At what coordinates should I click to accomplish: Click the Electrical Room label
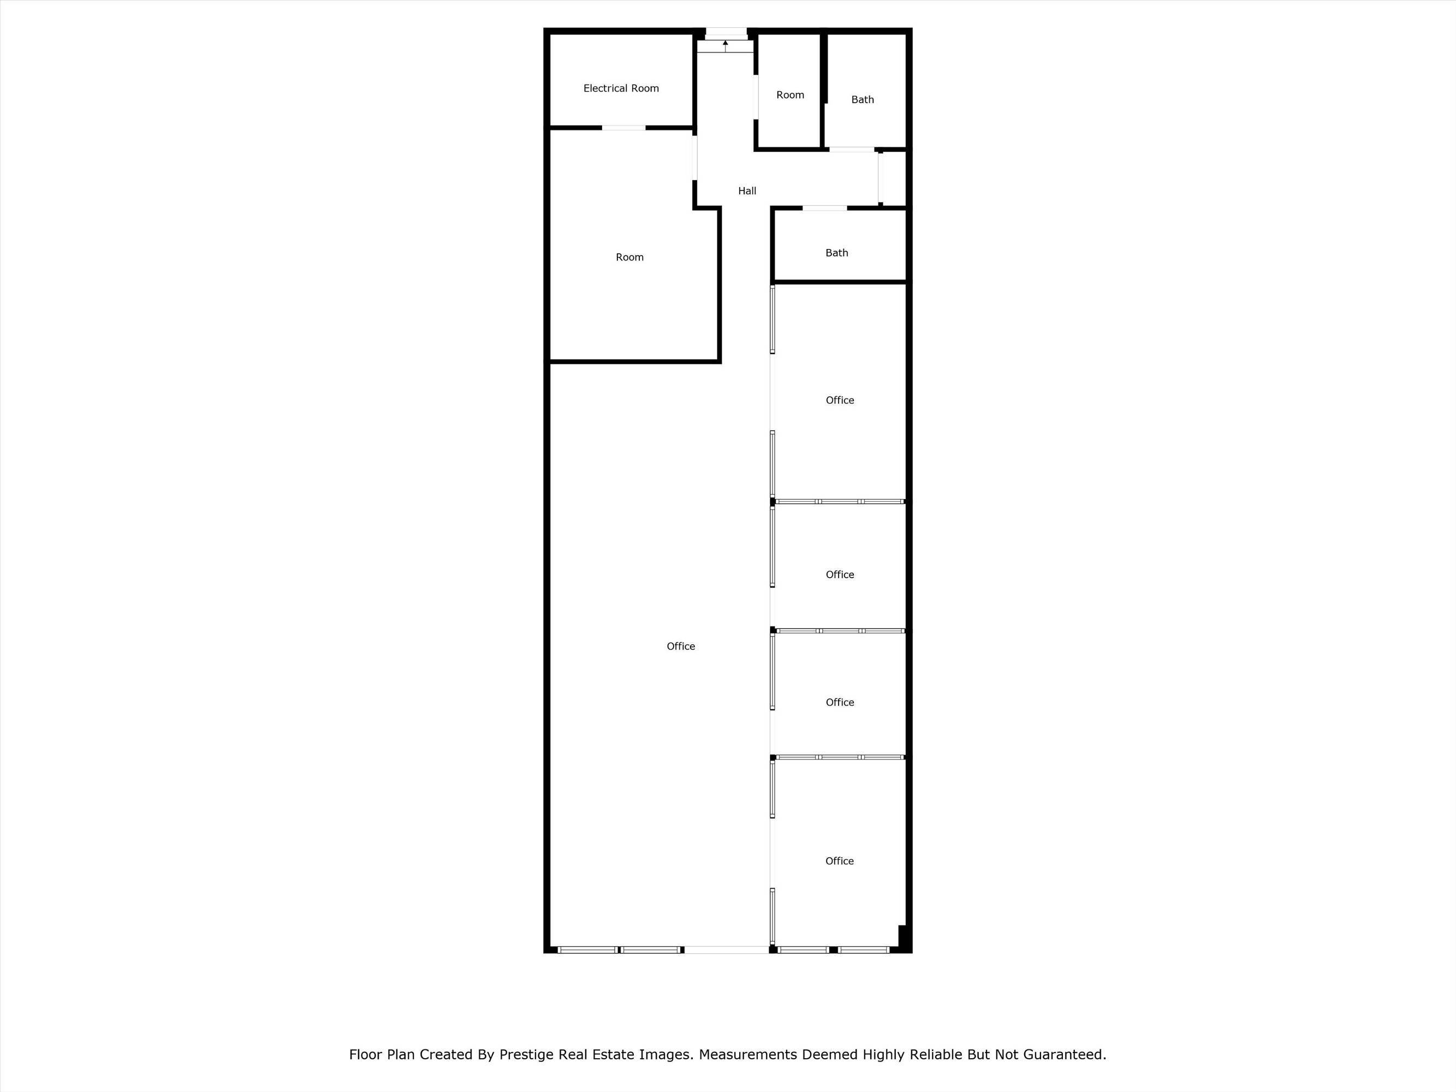[x=621, y=88]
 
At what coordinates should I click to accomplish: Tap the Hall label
[x=747, y=191]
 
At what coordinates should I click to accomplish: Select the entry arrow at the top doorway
[x=726, y=45]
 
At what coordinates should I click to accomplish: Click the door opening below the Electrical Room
[x=623, y=128]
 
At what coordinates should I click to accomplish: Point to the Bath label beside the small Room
[x=862, y=99]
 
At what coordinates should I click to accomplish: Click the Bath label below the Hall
[x=836, y=253]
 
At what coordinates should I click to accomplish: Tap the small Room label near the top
[x=790, y=95]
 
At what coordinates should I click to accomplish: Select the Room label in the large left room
[x=629, y=257]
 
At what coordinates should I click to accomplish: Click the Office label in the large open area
[x=681, y=646]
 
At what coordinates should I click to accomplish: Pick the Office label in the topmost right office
[x=840, y=400]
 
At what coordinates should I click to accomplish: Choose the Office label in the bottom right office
[x=839, y=861]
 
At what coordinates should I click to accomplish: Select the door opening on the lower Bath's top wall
[x=824, y=208]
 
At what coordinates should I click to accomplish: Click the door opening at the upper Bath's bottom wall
[x=851, y=150]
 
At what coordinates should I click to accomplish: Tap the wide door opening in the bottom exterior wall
[x=726, y=950]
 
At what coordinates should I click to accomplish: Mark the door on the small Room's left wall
[x=756, y=97]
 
